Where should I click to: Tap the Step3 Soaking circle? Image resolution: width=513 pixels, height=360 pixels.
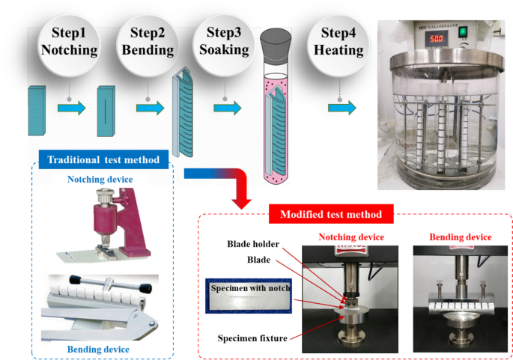(x=223, y=41)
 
